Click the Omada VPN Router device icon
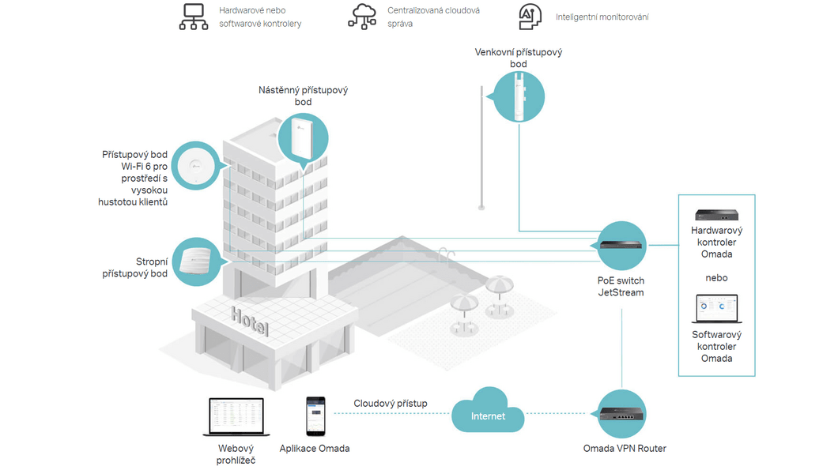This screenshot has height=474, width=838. tap(621, 414)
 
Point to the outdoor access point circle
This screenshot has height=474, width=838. tap(519, 96)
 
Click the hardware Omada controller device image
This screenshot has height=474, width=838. tap(715, 214)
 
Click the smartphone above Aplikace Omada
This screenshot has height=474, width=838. tap(315, 416)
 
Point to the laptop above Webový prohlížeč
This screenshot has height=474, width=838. tap(236, 416)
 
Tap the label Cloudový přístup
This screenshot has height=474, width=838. tap(391, 404)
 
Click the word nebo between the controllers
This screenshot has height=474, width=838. tap(716, 278)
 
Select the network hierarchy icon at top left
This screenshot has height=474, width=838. tap(194, 17)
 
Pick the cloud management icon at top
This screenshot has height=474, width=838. tap(363, 17)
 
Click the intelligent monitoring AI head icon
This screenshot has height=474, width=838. tap(530, 17)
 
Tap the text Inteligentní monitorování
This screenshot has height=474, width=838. tap(602, 17)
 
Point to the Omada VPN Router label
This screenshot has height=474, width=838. tap(625, 449)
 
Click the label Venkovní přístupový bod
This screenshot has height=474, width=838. tap(519, 58)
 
